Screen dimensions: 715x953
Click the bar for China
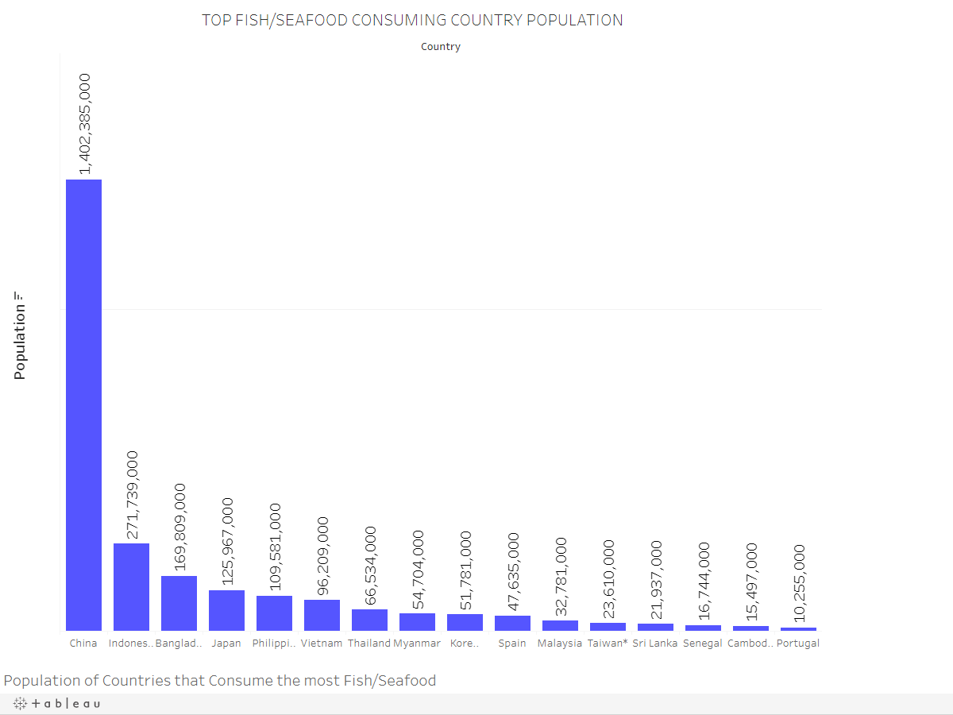[x=83, y=405]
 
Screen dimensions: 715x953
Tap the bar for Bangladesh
[x=179, y=603]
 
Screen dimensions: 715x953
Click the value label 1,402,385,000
[x=84, y=123]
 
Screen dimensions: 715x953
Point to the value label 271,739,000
[x=132, y=494]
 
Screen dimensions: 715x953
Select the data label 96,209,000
[x=322, y=556]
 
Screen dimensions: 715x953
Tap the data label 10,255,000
[x=799, y=582]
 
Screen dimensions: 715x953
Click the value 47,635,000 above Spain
[x=513, y=571]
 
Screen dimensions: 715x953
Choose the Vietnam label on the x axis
[x=322, y=643]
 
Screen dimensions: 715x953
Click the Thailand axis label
[x=369, y=643]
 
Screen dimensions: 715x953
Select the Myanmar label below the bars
[x=417, y=643]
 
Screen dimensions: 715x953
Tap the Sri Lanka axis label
[x=655, y=643]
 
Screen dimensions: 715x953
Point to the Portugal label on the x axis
[x=798, y=643]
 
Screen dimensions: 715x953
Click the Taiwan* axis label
[x=608, y=643]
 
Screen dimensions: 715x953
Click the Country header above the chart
[x=441, y=47]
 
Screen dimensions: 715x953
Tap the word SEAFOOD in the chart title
[x=307, y=21]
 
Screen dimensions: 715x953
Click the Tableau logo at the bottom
[x=56, y=704]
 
